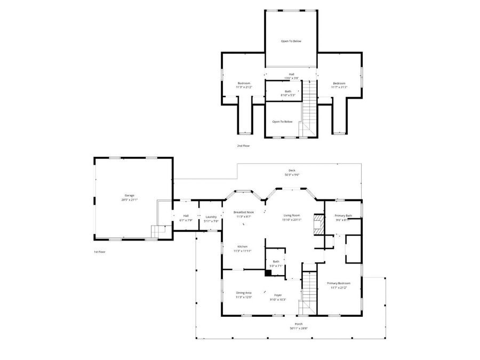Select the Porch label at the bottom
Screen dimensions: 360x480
pos(299,324)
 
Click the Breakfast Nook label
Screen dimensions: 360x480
pos(243,212)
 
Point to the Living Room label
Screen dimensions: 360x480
pos(292,215)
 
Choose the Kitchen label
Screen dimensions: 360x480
pos(243,246)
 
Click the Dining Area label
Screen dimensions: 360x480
pos(244,293)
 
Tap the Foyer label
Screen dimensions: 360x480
pos(278,295)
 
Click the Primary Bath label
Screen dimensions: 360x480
pos(343,215)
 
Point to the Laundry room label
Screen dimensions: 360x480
pos(211,217)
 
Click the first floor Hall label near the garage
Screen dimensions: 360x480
pos(186,215)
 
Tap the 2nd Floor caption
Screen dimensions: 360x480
pos(243,145)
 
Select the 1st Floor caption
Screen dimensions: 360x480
pos(99,252)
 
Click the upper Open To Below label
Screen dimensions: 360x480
pos(292,41)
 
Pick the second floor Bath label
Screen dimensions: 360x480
pos(288,91)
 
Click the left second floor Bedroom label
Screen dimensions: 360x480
pos(244,83)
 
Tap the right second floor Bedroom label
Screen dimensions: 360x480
pos(339,83)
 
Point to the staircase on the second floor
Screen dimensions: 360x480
pos(310,104)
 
